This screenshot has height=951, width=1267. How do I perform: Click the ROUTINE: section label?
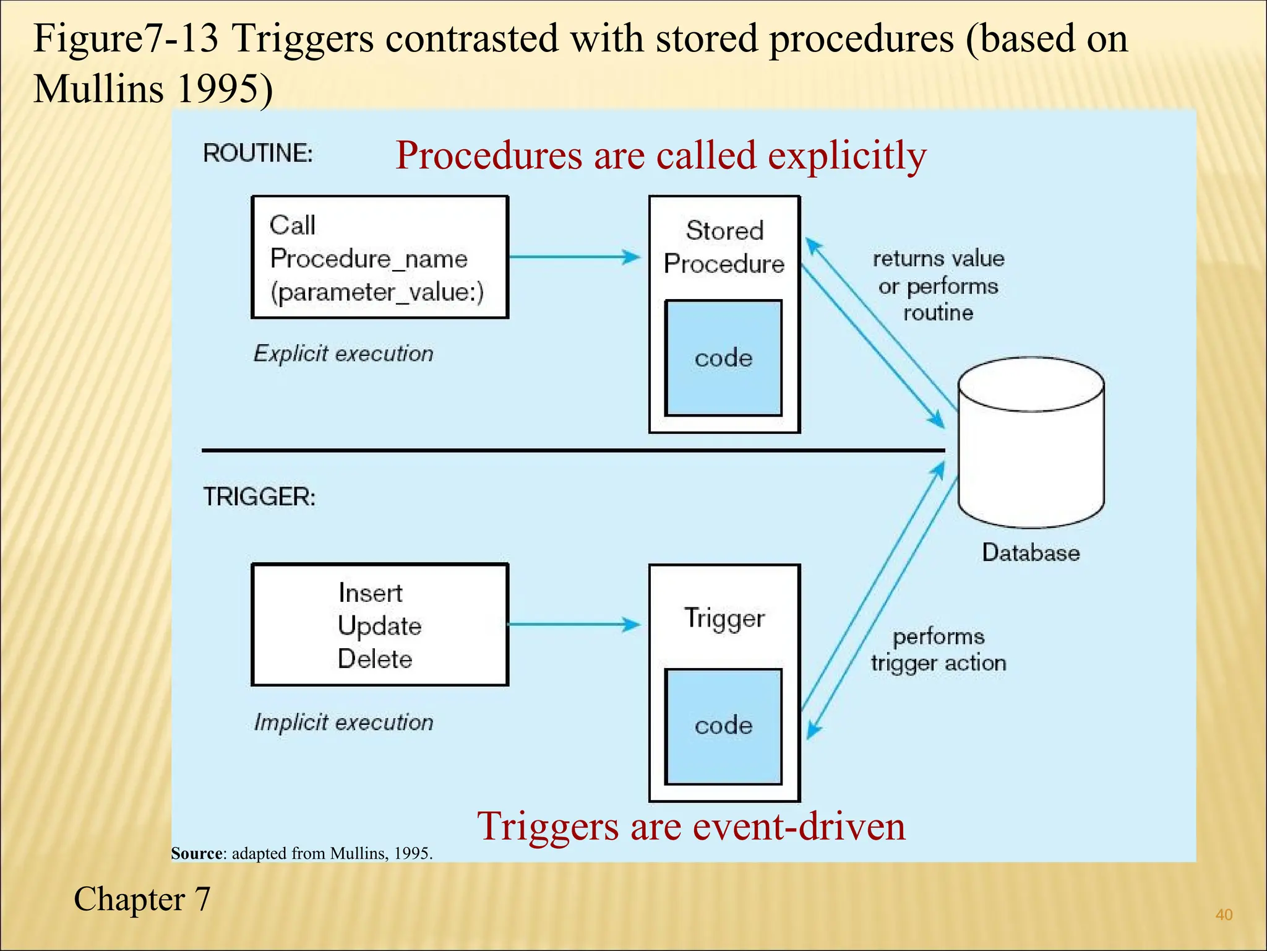coord(258,153)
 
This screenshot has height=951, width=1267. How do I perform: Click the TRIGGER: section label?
coord(259,497)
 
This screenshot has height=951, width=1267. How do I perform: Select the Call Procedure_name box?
coord(379,258)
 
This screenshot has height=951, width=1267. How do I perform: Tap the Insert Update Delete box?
coord(379,625)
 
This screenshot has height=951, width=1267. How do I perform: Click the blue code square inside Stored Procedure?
coord(723,358)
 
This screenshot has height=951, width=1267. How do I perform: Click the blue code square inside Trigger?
coord(723,726)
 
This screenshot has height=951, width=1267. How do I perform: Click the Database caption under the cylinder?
coord(1031,552)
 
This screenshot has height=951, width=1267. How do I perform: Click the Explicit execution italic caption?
coord(343,354)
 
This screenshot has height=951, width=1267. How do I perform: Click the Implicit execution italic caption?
coord(343,723)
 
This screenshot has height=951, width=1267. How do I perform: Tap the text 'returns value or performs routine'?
coord(938,285)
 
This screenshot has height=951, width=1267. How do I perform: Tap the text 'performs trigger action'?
coord(938,649)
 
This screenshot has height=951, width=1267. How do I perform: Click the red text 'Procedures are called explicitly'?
coord(661,155)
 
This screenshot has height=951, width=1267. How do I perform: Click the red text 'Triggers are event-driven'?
coord(691,826)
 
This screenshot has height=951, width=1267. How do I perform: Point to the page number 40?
coord(1224,914)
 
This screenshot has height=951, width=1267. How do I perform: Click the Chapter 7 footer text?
coord(142,899)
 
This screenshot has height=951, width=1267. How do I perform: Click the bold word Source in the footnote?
coord(196,854)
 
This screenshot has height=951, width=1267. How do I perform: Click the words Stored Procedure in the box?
coord(724,247)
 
